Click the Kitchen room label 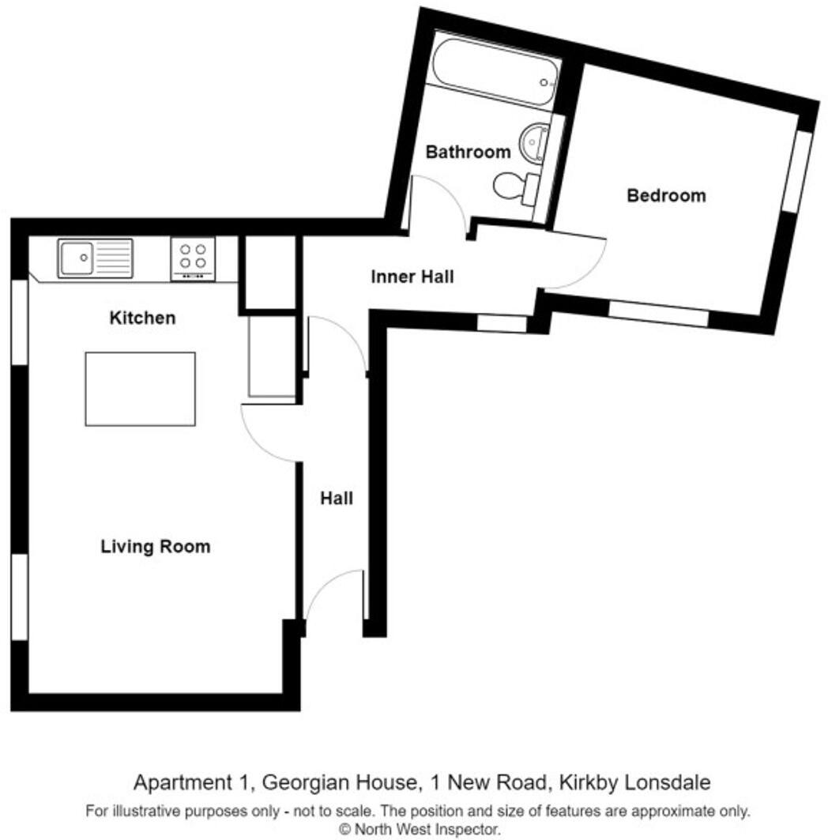pos(142,318)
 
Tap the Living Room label pos(156,546)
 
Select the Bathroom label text pos(469,152)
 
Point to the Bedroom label pos(666,195)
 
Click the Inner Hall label pos(412,277)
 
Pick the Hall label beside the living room pos(337,499)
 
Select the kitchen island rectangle pos(140,389)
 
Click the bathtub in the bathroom pos(496,69)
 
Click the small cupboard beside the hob pos(269,272)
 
